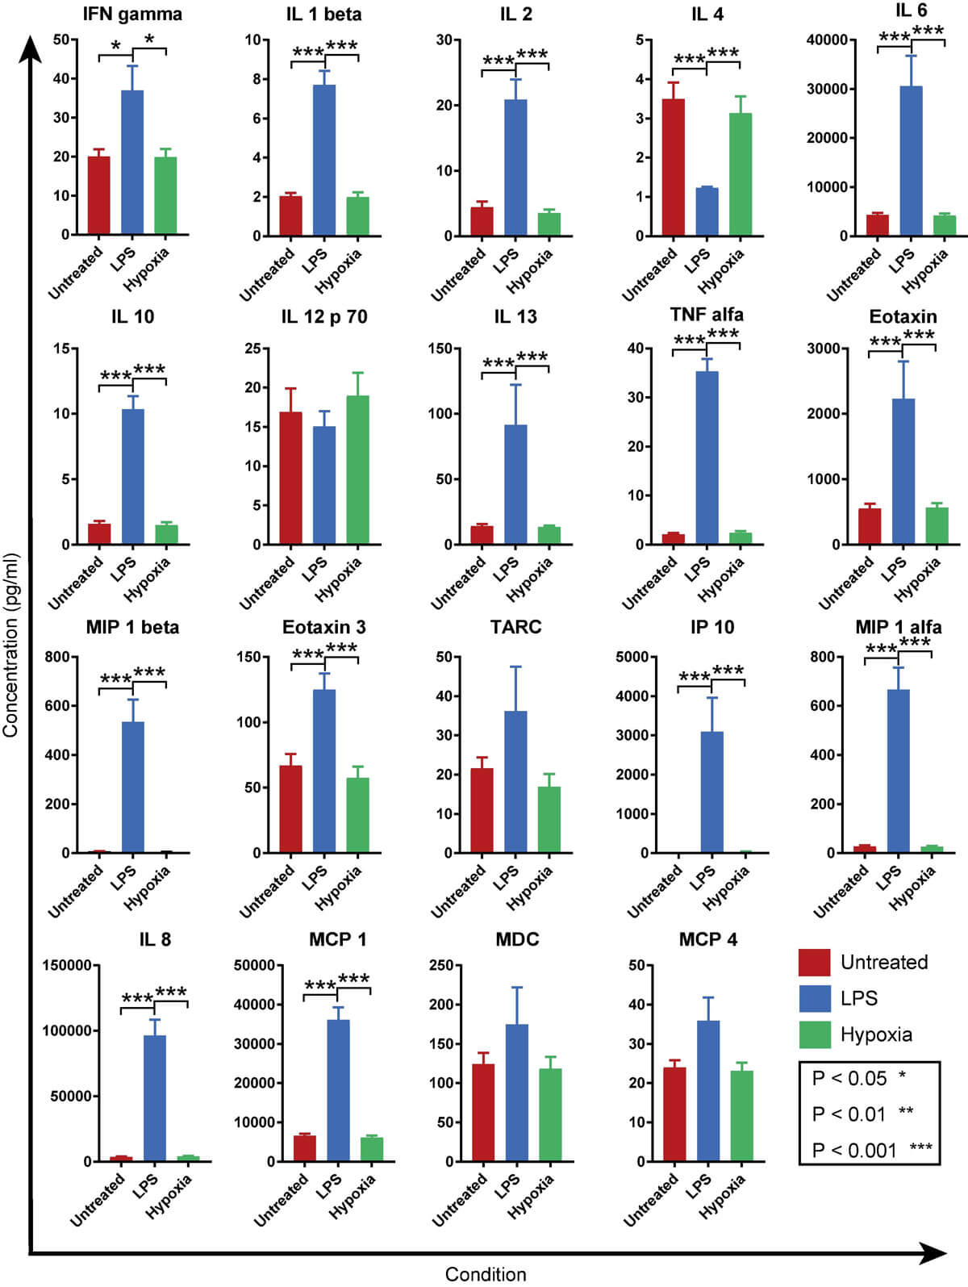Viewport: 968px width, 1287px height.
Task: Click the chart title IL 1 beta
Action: point(323,15)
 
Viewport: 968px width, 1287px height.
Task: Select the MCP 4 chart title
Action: point(707,939)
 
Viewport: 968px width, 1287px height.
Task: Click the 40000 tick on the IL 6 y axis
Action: point(829,40)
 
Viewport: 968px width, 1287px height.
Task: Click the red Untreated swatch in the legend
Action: point(814,962)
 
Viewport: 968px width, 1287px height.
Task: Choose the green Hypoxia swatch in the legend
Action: point(814,1034)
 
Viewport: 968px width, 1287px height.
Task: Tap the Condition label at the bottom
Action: point(486,1274)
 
